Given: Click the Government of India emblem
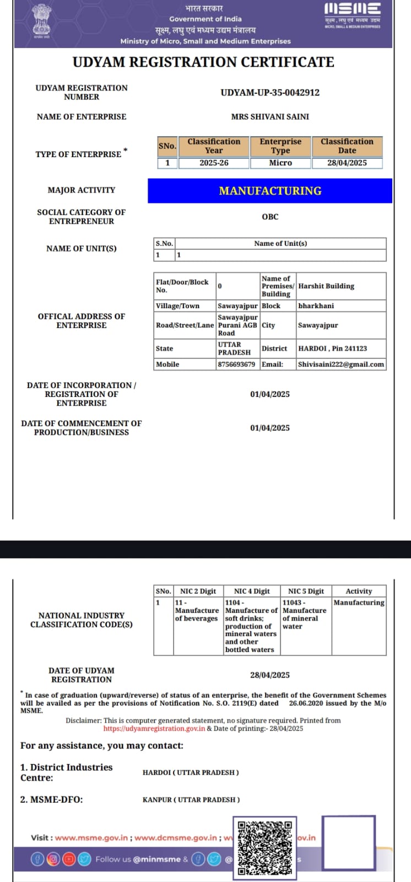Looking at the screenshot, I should pyautogui.click(x=41, y=20).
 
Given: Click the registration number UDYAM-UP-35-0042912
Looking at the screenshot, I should pyautogui.click(x=270, y=93).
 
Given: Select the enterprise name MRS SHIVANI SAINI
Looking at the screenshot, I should pyautogui.click(x=270, y=117).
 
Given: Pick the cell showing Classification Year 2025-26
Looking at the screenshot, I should pyautogui.click(x=214, y=163).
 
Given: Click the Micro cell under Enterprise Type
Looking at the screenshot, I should pyautogui.click(x=280, y=163).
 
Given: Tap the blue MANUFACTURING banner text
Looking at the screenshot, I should pyautogui.click(x=270, y=191).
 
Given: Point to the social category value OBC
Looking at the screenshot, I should pyautogui.click(x=270, y=217).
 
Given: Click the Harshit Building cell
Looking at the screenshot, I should pyautogui.click(x=326, y=286).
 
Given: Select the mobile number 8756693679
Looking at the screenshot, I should pyautogui.click(x=236, y=364).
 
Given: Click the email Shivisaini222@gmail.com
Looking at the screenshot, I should pyautogui.click(x=341, y=364).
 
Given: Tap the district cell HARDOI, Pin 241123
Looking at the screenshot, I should pyautogui.click(x=332, y=348).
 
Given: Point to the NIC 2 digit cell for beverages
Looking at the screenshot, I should pyautogui.click(x=197, y=611).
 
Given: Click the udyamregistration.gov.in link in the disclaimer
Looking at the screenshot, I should pyautogui.click(x=154, y=728).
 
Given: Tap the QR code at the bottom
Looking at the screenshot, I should pyautogui.click(x=264, y=848).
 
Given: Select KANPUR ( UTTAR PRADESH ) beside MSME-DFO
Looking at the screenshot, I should pyautogui.click(x=191, y=799).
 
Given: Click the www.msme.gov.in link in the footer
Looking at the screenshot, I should pyautogui.click(x=91, y=837).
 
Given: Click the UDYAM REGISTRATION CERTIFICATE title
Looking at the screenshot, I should pyautogui.click(x=203, y=62).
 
